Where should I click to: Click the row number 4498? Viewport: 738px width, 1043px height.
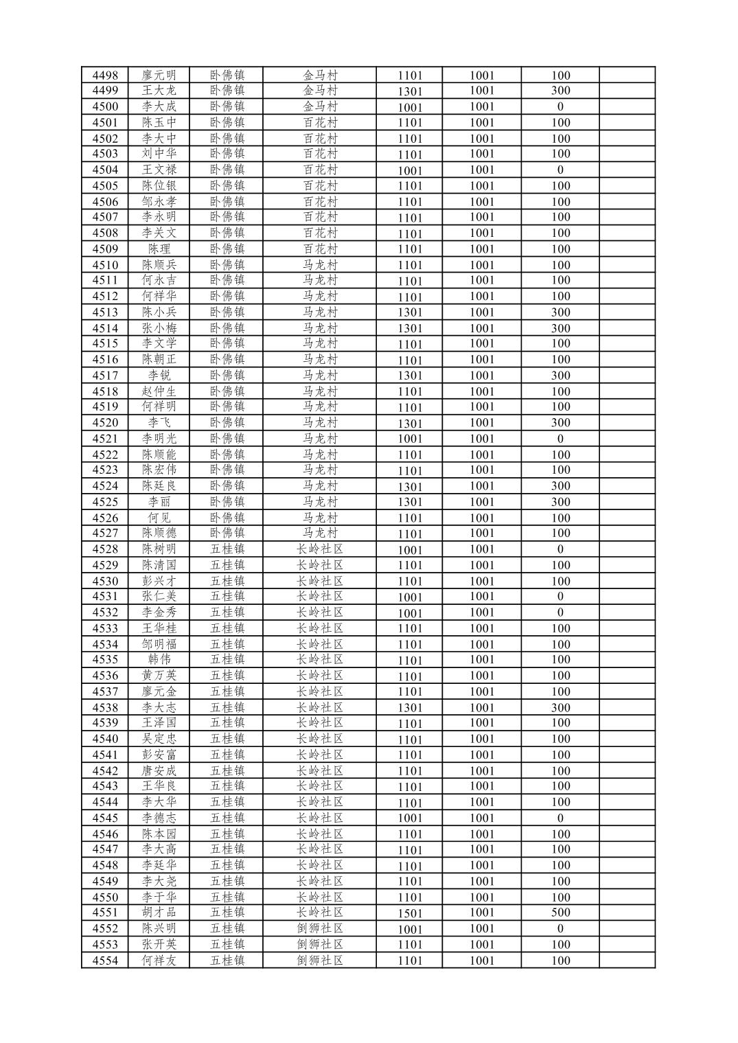pyautogui.click(x=105, y=75)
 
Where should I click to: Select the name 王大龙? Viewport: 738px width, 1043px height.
pyautogui.click(x=159, y=91)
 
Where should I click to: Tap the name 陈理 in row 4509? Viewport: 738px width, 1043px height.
pyautogui.click(x=159, y=249)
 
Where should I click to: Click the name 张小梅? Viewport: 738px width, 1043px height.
pyautogui.click(x=159, y=328)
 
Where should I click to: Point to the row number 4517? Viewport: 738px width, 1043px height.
pyautogui.click(x=105, y=376)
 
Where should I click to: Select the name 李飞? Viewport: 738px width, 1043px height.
pyautogui.click(x=159, y=423)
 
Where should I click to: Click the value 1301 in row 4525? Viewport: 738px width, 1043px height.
pyautogui.click(x=410, y=502)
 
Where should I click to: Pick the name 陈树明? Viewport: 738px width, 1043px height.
pyautogui.click(x=159, y=549)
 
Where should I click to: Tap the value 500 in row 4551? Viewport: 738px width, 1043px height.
pyautogui.click(x=560, y=913)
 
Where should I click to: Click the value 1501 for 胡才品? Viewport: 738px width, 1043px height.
pyautogui.click(x=410, y=913)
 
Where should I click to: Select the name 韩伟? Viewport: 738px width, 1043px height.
pyautogui.click(x=159, y=660)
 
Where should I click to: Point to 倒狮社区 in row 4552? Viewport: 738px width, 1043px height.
pyautogui.click(x=319, y=928)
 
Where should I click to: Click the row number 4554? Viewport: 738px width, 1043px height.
pyautogui.click(x=105, y=961)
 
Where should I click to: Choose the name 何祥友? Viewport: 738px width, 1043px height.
pyautogui.click(x=159, y=961)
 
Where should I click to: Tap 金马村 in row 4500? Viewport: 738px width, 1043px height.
pyautogui.click(x=320, y=106)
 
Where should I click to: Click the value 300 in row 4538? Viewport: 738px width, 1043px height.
pyautogui.click(x=560, y=708)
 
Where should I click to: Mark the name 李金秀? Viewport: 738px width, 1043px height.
pyautogui.click(x=159, y=612)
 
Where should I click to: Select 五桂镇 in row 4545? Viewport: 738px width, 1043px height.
pyautogui.click(x=227, y=818)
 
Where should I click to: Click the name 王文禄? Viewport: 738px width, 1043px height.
pyautogui.click(x=159, y=170)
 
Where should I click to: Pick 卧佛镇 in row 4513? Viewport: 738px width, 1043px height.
pyautogui.click(x=227, y=312)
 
